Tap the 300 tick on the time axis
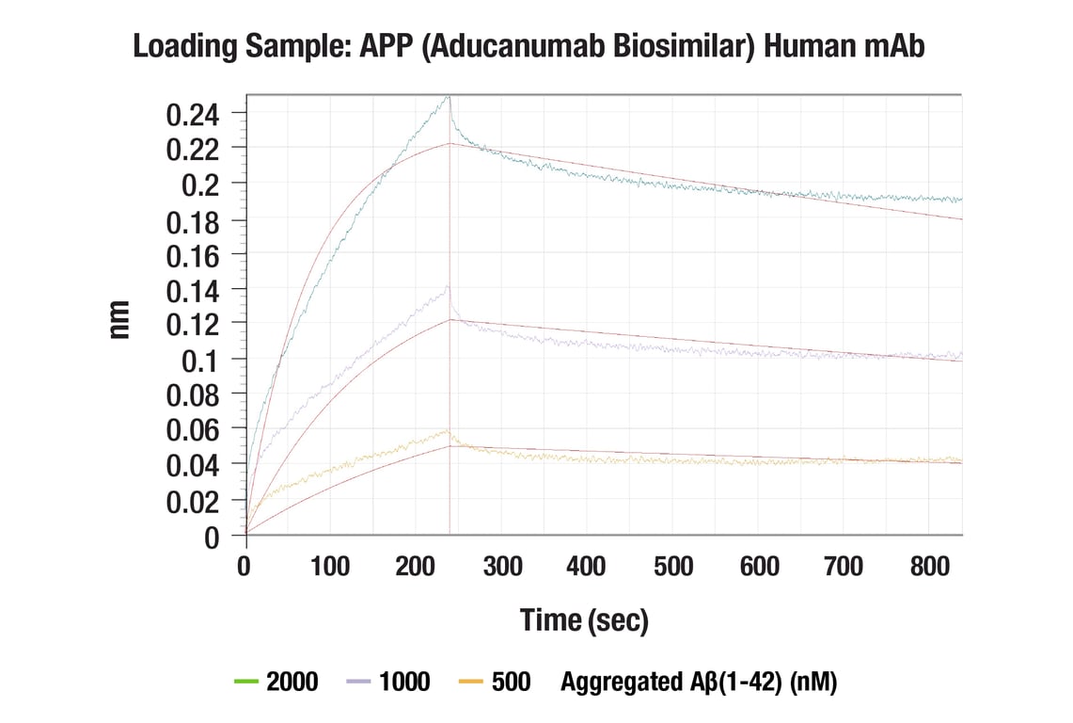(502, 566)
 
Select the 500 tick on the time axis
(673, 566)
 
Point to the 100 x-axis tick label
(330, 566)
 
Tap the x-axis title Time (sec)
(584, 619)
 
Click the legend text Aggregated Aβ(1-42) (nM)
(698, 682)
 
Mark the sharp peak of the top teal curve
(449, 96)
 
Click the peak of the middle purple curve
(448, 287)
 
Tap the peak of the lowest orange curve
(448, 431)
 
